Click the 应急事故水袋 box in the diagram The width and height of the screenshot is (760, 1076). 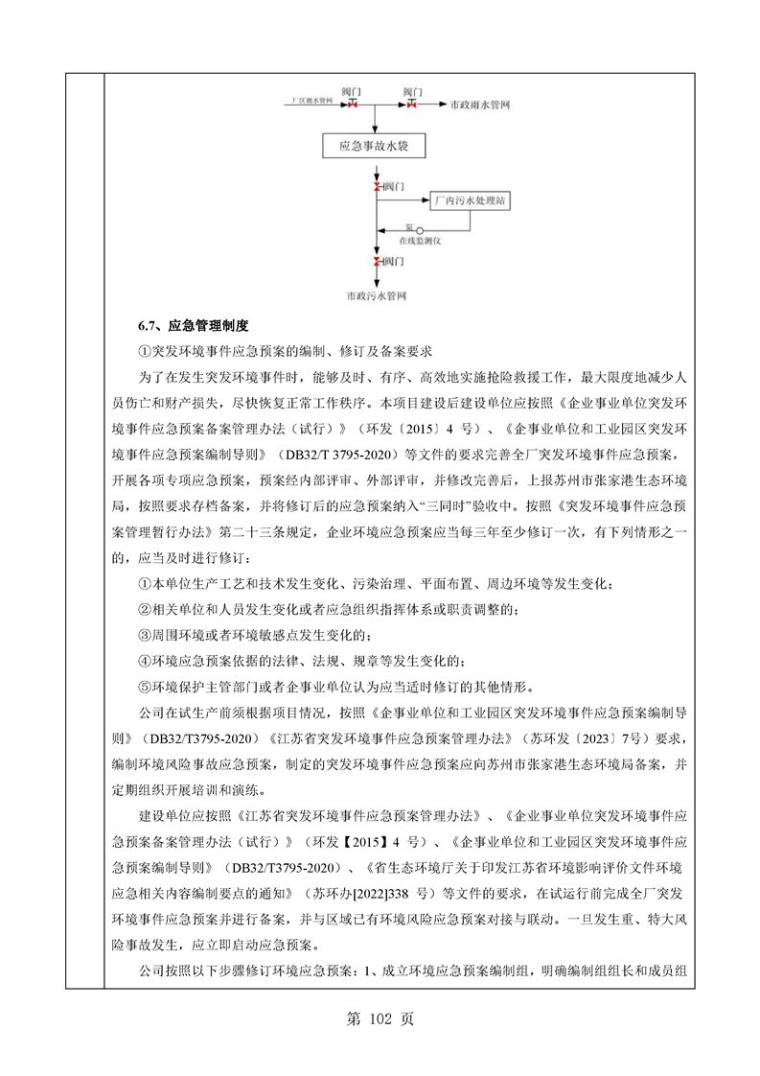point(373,148)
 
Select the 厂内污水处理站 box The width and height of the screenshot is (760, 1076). point(469,201)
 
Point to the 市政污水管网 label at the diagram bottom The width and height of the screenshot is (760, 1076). point(378,298)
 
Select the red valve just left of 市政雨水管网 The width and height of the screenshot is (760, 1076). point(412,103)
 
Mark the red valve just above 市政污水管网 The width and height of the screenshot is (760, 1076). point(376,261)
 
